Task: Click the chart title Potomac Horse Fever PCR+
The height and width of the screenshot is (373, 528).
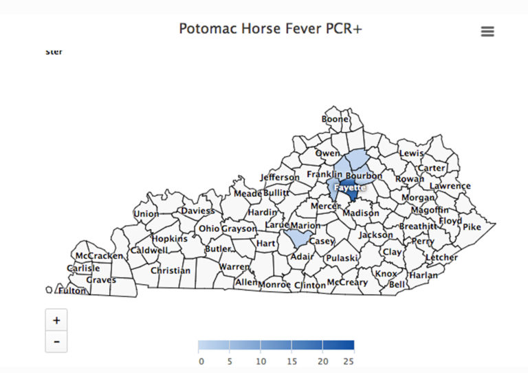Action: pyautogui.click(x=270, y=29)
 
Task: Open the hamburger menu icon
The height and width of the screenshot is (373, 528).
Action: pyautogui.click(x=487, y=32)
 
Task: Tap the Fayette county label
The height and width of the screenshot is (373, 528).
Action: pyautogui.click(x=349, y=187)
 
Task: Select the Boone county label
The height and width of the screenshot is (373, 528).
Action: pyautogui.click(x=335, y=119)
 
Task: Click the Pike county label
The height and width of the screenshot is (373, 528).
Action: pyautogui.click(x=472, y=226)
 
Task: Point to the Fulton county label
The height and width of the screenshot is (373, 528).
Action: pyautogui.click(x=72, y=290)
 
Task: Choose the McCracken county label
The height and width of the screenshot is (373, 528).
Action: pyautogui.click(x=99, y=255)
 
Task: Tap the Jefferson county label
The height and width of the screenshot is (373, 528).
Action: pyautogui.click(x=280, y=177)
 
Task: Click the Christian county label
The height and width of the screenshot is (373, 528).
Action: pyautogui.click(x=170, y=270)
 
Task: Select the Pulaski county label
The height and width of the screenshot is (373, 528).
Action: pyautogui.click(x=342, y=258)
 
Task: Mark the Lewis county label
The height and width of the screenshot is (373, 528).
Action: pyautogui.click(x=411, y=153)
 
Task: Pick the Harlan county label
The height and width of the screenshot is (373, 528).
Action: pyautogui.click(x=423, y=275)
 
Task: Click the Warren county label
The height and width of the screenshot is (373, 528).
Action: pyautogui.click(x=234, y=266)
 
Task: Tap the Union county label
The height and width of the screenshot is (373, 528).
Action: pyautogui.click(x=146, y=214)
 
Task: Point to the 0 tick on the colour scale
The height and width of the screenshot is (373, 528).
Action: pyautogui.click(x=201, y=361)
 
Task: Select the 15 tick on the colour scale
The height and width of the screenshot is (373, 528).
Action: pyautogui.click(x=291, y=361)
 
